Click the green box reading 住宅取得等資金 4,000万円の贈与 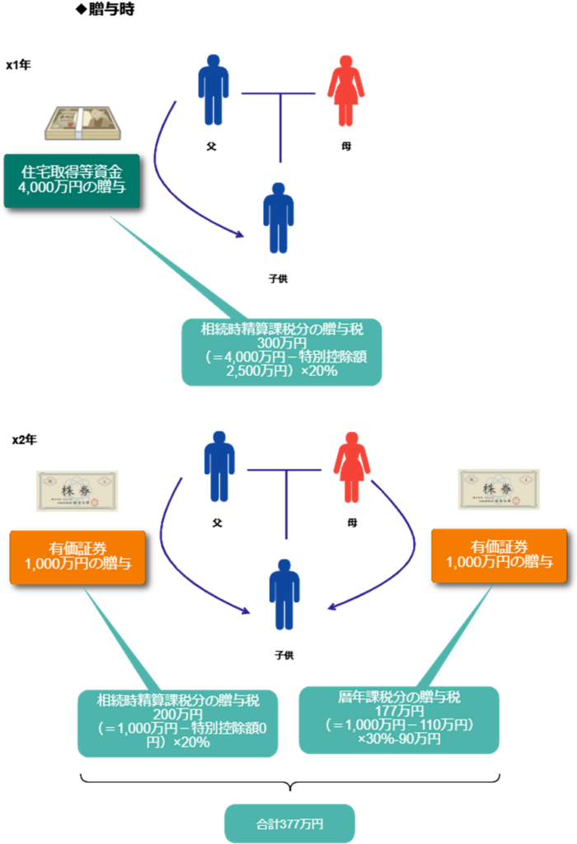tap(71, 180)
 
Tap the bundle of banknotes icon tap(82, 123)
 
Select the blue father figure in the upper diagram tap(213, 90)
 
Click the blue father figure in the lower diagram tap(219, 466)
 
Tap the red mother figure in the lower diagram tap(351, 466)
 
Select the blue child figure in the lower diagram tap(284, 593)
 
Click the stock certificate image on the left tap(77, 490)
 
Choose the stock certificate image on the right tap(499, 490)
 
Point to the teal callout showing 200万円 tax tap(177, 721)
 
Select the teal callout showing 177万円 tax tap(398, 719)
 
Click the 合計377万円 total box tap(289, 823)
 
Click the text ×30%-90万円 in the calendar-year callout tap(399, 739)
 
